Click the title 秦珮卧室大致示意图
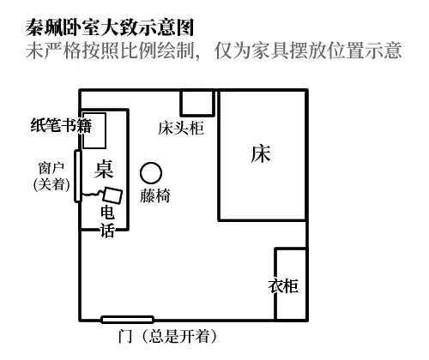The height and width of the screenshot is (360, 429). [x=110, y=27]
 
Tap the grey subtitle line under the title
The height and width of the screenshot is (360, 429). [x=214, y=51]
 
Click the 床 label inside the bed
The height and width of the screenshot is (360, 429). [x=261, y=154]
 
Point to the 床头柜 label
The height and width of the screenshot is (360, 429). [x=181, y=128]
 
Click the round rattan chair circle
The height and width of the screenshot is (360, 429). [x=151, y=173]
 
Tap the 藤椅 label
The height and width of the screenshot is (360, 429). [x=155, y=196]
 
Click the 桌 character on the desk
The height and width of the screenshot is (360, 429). [x=104, y=169]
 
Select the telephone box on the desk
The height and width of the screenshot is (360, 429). [x=112, y=195]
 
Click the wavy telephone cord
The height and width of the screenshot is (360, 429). [x=91, y=194]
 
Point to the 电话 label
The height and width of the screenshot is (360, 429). [x=107, y=221]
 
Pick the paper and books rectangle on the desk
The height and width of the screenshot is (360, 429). [x=94, y=130]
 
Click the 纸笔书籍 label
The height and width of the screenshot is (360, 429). [x=61, y=126]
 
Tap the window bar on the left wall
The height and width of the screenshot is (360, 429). [x=78, y=177]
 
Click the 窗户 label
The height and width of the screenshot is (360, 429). [x=51, y=168]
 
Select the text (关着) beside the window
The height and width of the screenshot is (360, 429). [x=51, y=184]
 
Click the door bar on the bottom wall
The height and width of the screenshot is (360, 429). [x=128, y=320]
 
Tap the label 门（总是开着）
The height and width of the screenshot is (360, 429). [x=167, y=336]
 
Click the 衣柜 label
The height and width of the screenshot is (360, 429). [x=283, y=285]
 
